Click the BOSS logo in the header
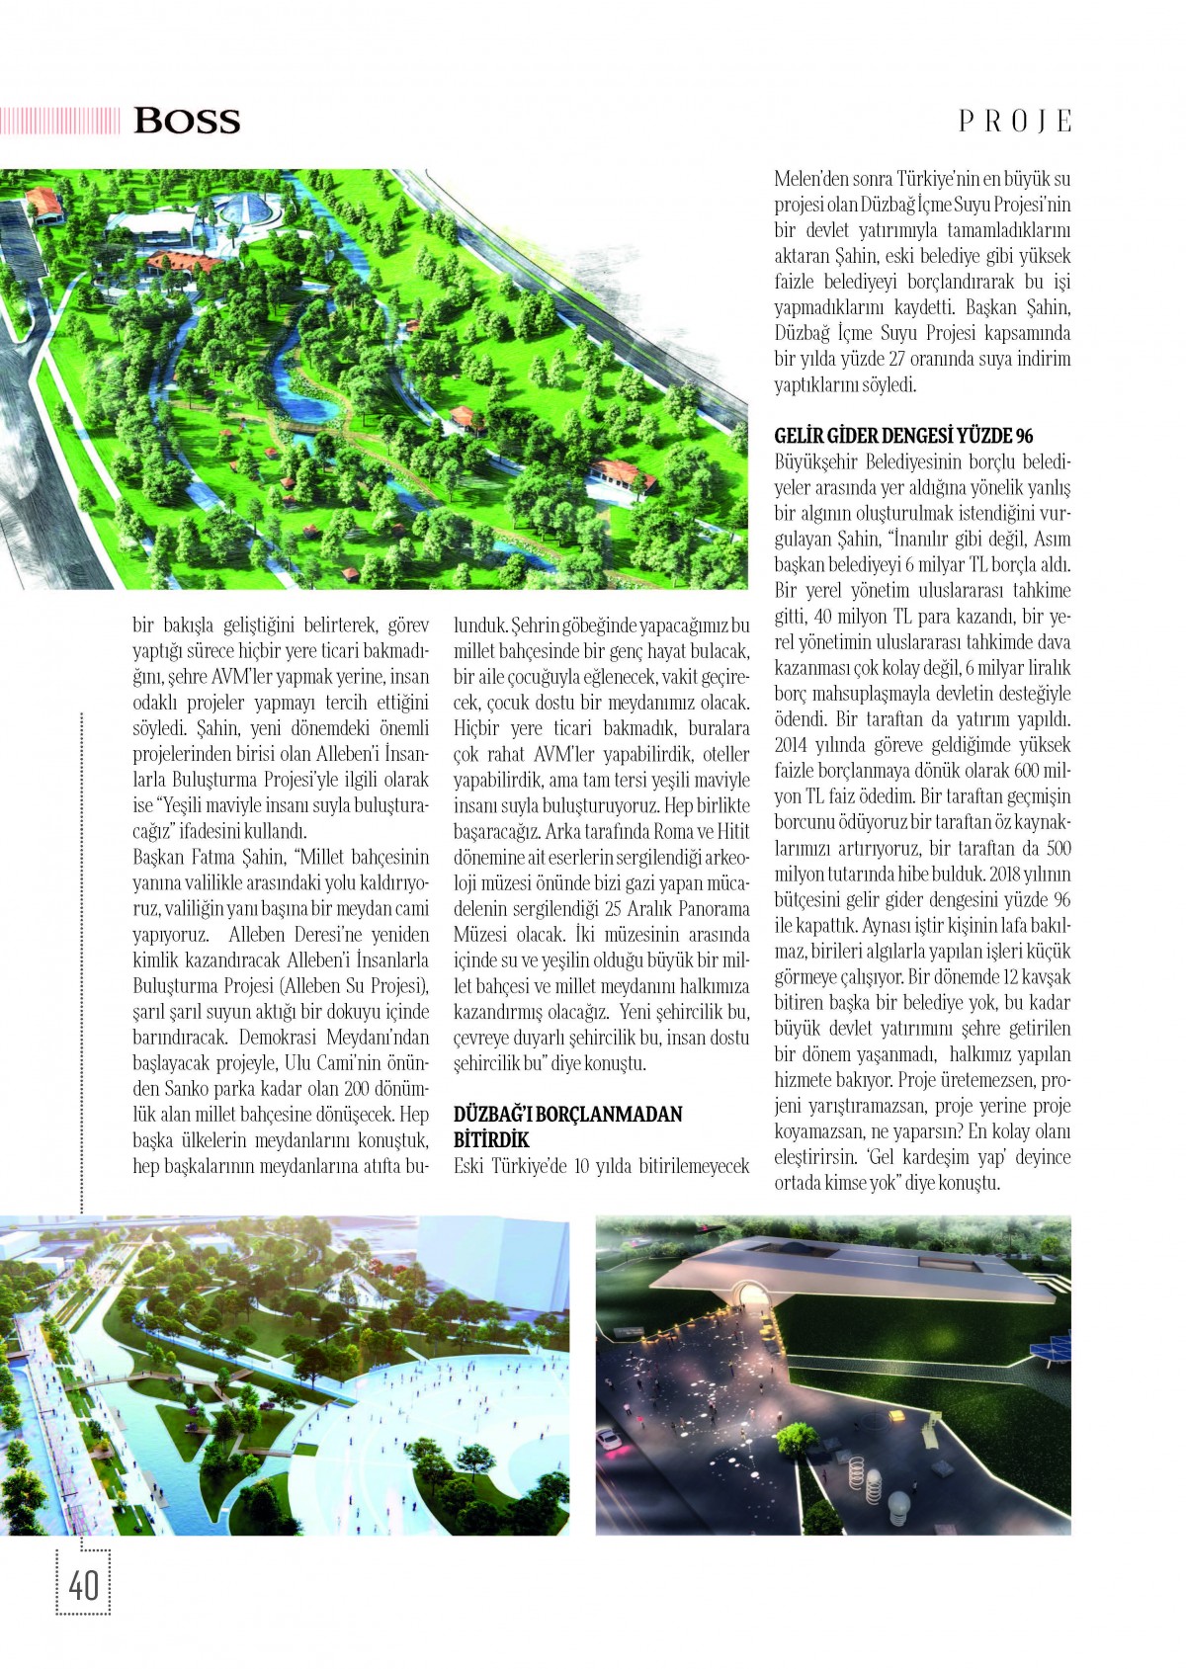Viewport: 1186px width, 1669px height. coord(187,121)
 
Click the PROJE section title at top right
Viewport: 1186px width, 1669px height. coord(1015,122)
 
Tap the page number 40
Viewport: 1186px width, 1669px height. coord(83,1585)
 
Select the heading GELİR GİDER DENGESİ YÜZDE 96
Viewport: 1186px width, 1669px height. coord(903,436)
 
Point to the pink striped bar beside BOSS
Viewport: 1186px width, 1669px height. coord(59,121)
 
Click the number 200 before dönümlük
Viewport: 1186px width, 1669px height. coord(357,1089)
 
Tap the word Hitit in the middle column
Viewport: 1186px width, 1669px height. coord(731,831)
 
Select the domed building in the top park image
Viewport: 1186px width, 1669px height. coord(235,210)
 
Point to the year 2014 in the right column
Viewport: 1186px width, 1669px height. coord(793,746)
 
